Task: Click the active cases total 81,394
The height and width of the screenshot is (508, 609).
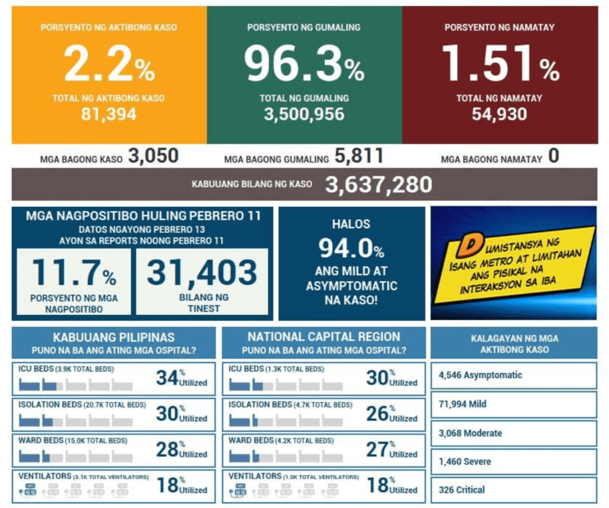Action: (109, 114)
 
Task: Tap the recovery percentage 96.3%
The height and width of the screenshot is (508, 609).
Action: (304, 65)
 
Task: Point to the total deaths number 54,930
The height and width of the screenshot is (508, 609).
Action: (500, 114)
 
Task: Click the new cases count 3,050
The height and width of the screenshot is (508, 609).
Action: (153, 157)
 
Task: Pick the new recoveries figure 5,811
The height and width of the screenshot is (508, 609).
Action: (359, 157)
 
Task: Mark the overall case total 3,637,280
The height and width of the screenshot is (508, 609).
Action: (378, 185)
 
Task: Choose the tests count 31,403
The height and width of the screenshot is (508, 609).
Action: (202, 273)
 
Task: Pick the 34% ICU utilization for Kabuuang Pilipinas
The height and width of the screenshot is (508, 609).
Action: (168, 378)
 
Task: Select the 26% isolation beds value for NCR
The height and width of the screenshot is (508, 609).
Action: (378, 413)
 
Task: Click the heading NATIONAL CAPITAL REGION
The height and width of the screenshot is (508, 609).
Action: (324, 337)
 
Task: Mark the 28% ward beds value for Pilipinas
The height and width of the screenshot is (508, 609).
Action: (168, 449)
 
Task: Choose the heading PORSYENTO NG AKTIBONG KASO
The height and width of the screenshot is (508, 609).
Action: (109, 27)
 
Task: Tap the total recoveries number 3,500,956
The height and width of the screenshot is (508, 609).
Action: (304, 114)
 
